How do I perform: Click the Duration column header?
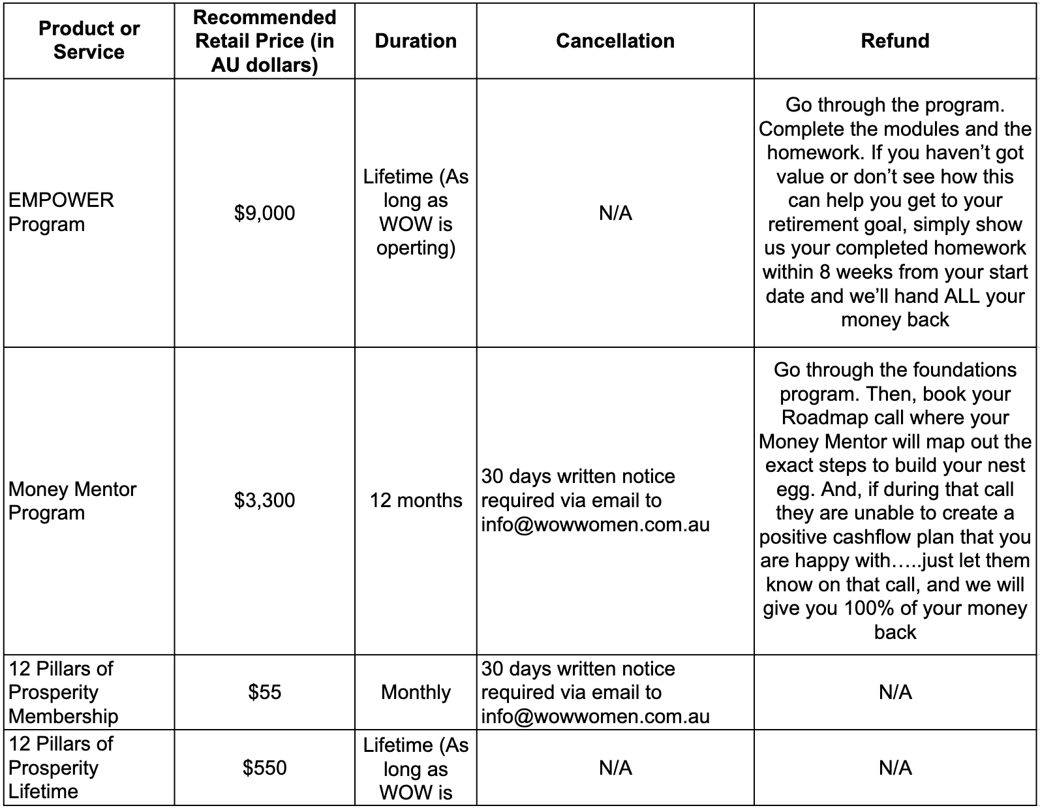(x=416, y=40)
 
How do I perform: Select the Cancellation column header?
(x=615, y=40)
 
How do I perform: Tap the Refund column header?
(x=895, y=40)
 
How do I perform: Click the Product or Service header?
(x=89, y=40)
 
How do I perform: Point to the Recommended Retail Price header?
(x=264, y=41)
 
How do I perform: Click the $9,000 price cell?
(x=264, y=213)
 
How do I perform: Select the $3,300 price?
(x=264, y=501)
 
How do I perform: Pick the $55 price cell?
(x=264, y=692)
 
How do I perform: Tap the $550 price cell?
(x=264, y=768)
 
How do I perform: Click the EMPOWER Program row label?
(x=61, y=212)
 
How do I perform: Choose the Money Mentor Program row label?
(x=72, y=501)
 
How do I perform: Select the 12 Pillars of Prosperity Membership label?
(x=63, y=692)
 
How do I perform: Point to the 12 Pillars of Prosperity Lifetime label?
(x=61, y=768)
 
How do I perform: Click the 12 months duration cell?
(x=416, y=501)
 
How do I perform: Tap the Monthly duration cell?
(x=416, y=692)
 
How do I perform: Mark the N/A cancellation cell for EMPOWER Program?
(x=615, y=213)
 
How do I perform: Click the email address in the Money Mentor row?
(x=595, y=525)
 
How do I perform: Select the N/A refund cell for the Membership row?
(x=895, y=692)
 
